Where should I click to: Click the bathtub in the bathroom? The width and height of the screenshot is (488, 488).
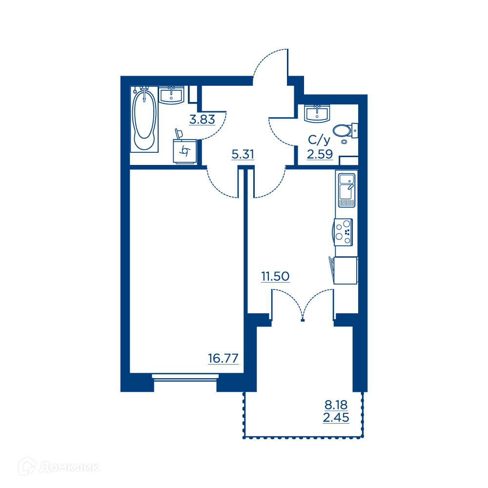[144, 120]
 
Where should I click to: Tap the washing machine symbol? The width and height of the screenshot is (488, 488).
[184, 151]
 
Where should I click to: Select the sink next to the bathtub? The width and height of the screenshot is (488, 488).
[171, 95]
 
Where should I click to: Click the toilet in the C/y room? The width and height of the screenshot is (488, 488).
[345, 131]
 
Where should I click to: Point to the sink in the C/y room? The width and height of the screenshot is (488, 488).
[317, 114]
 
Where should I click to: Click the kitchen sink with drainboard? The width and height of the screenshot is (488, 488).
[346, 190]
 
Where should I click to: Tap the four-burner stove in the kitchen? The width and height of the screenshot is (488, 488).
[343, 232]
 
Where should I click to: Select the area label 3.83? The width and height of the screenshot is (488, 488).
[203, 120]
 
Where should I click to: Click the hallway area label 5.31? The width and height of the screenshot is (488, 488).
[243, 154]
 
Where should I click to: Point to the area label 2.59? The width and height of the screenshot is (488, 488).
[320, 154]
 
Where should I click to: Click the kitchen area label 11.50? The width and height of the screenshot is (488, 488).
[275, 276]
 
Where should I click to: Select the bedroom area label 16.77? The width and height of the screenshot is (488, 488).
[223, 359]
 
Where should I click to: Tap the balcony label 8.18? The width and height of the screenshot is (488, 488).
[336, 405]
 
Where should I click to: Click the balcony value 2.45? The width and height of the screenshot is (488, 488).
[336, 418]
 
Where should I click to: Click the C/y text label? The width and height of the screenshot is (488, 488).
[319, 141]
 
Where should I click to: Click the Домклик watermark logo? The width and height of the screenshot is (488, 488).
[59, 467]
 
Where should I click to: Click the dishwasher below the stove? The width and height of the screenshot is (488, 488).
[345, 270]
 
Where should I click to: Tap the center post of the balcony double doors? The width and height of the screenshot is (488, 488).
[303, 320]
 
